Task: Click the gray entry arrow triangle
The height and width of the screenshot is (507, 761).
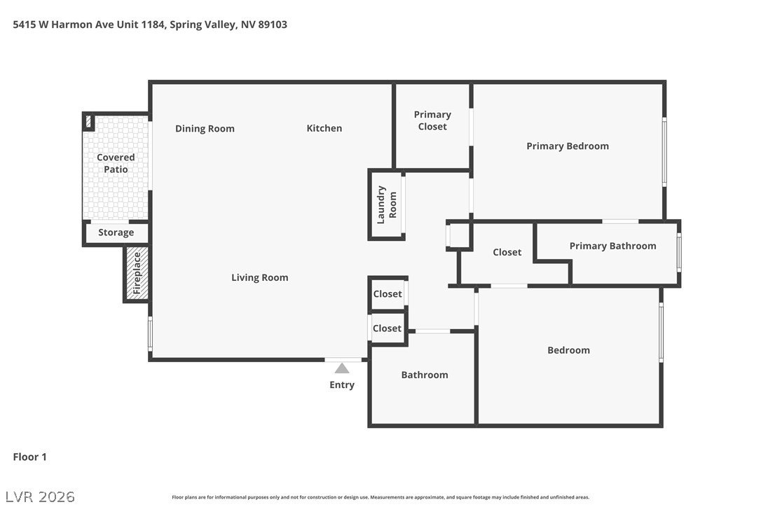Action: tap(342, 368)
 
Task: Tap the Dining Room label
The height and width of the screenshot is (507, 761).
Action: tap(205, 129)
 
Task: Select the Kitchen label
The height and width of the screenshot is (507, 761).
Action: tap(324, 128)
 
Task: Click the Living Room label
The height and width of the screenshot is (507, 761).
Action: tap(260, 277)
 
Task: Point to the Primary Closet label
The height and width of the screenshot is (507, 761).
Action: tap(432, 120)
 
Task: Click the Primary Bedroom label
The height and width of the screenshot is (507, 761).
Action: tap(568, 146)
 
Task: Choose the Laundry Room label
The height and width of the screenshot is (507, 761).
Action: tap(387, 204)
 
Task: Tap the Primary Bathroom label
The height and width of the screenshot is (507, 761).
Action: tap(612, 246)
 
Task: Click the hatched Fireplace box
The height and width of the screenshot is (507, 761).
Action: tap(137, 274)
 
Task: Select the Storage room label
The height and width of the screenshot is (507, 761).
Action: tap(116, 232)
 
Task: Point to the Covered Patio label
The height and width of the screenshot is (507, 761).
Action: tap(116, 163)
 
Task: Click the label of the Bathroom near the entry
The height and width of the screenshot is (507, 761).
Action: tap(425, 375)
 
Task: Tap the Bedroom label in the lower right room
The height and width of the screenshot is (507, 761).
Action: tap(568, 350)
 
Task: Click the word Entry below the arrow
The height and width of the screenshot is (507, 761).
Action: tap(342, 384)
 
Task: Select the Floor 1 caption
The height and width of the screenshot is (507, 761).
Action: tap(29, 457)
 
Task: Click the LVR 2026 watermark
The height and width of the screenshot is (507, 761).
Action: tap(40, 496)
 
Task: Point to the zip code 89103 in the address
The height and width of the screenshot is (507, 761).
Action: tap(273, 25)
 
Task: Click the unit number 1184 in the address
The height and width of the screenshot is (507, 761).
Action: tap(152, 25)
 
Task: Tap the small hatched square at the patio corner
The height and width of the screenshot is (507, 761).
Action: tap(88, 121)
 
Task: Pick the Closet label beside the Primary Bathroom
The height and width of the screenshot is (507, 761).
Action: tap(507, 252)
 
